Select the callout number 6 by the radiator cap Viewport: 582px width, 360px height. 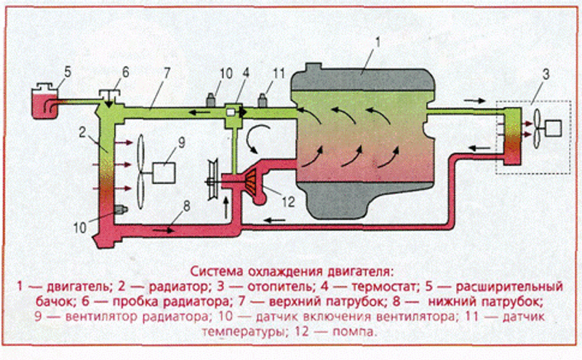(x=125, y=72)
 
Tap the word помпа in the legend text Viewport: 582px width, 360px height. (x=356, y=331)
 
